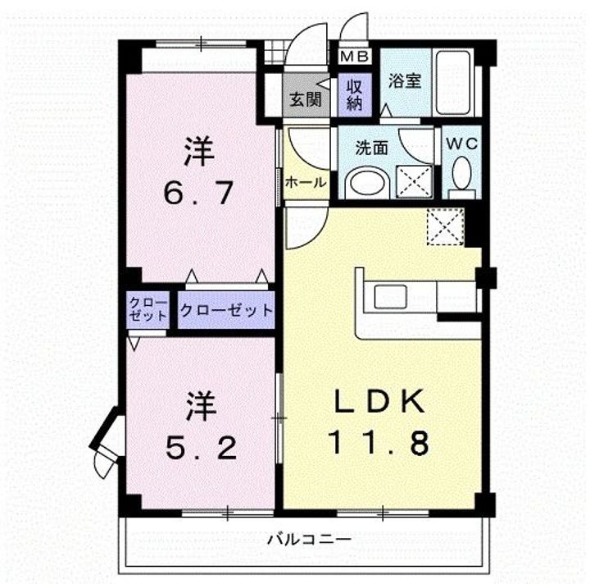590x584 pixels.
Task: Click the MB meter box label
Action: pos(354,57)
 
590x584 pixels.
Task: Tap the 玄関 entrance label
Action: pos(305,100)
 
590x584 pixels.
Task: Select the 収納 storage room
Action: pos(355,95)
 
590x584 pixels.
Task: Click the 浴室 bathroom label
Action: pos(405,81)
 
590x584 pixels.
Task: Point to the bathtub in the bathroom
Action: pos(453,83)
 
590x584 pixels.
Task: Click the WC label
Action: pos(462,144)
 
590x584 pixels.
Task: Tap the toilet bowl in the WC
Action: pos(461,174)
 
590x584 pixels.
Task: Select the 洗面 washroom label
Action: pos(372,148)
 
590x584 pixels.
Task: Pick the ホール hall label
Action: pos(306,183)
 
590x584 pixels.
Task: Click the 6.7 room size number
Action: pos(198,193)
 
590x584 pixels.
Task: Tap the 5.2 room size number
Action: pos(201,448)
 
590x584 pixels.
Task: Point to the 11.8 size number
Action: pos(379,442)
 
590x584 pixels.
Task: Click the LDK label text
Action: pos(379,401)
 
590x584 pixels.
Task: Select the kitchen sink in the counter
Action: pos(391,296)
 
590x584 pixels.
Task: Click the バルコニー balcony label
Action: pos(309,541)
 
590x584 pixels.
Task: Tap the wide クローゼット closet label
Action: pos(226,310)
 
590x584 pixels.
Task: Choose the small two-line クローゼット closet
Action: pos(147,309)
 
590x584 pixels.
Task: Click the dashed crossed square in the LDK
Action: pos(445,226)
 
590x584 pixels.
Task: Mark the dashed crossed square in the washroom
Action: pos(414,181)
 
